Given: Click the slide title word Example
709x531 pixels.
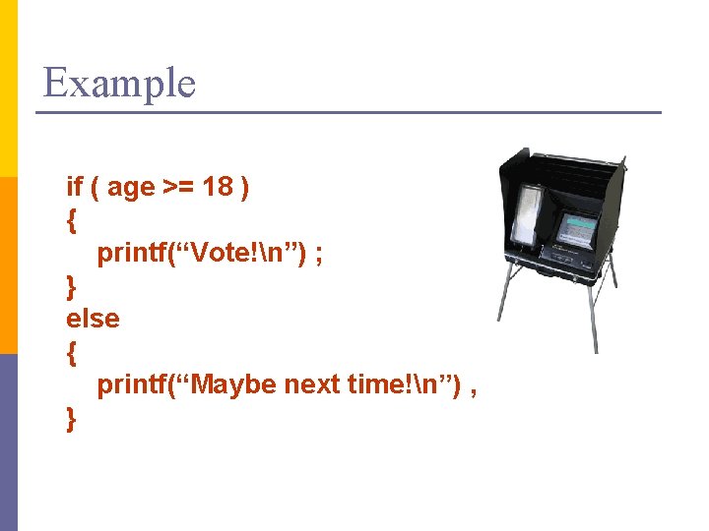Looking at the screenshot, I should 119,83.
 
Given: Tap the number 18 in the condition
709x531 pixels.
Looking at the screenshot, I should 217,187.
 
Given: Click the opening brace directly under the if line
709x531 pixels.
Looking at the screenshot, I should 71,220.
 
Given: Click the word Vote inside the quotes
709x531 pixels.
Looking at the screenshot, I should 219,253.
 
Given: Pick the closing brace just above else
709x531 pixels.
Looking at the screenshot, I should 71,286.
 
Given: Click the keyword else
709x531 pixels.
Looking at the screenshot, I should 93,319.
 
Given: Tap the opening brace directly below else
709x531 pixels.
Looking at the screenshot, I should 71,352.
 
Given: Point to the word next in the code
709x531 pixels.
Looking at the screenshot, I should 312,384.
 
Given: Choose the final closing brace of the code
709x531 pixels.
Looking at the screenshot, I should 71,418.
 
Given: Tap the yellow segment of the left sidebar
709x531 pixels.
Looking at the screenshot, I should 9,88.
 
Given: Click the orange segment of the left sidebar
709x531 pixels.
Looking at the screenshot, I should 9,265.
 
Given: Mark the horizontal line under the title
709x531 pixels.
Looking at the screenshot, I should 349,112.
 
